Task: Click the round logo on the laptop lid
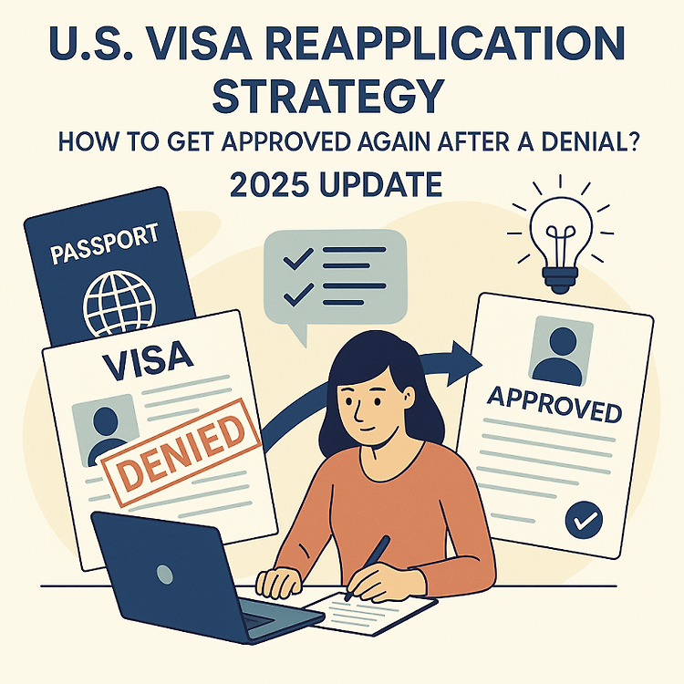[165, 574]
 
